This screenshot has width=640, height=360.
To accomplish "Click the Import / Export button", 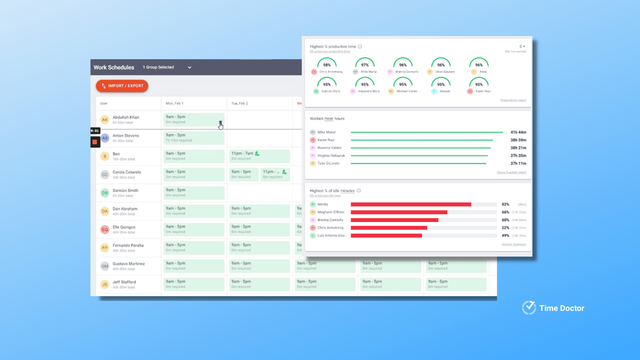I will (x=122, y=86).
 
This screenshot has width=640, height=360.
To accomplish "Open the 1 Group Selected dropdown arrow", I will (x=189, y=67).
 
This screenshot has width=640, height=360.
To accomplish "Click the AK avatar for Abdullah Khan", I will (x=105, y=120).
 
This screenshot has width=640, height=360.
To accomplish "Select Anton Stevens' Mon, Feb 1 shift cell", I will (x=194, y=138).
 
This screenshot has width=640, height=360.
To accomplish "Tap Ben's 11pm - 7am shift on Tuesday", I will (x=259, y=156).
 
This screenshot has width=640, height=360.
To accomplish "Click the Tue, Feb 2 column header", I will (x=239, y=103).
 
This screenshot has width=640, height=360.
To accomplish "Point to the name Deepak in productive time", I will (x=445, y=91).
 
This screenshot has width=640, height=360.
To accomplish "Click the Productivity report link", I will (x=513, y=100).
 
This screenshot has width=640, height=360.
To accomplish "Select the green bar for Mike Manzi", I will (x=427, y=132).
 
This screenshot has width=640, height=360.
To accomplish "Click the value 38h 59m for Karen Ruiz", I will (x=518, y=140).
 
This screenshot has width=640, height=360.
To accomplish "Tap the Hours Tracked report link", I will (x=511, y=172).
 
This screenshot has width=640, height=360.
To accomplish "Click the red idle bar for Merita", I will (x=411, y=205).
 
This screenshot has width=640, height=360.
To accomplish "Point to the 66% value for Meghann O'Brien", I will (x=505, y=212).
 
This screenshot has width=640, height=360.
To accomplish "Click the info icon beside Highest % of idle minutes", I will (x=359, y=191).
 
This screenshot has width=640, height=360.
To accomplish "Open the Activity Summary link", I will (x=514, y=245).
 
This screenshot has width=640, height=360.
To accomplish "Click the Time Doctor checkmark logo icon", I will (x=529, y=308).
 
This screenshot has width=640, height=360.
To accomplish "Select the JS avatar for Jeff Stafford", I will (x=105, y=285).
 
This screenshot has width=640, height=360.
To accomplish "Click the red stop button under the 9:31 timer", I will (x=95, y=142).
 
